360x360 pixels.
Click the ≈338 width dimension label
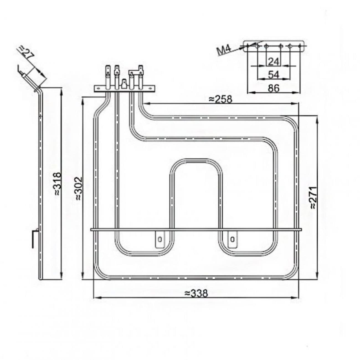pyautogui.click(x=196, y=293)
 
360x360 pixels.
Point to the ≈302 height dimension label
pyautogui.click(x=78, y=189)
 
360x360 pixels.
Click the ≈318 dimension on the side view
pyautogui.click(x=57, y=184)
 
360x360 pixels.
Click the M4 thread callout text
pyautogui.click(x=224, y=50)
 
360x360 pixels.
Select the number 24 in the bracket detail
pyautogui.click(x=273, y=62)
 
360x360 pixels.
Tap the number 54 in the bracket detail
pyautogui.click(x=274, y=75)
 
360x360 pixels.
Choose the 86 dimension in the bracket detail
pyautogui.click(x=274, y=88)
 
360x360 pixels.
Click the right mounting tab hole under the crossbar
pyautogui.click(x=232, y=239)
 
